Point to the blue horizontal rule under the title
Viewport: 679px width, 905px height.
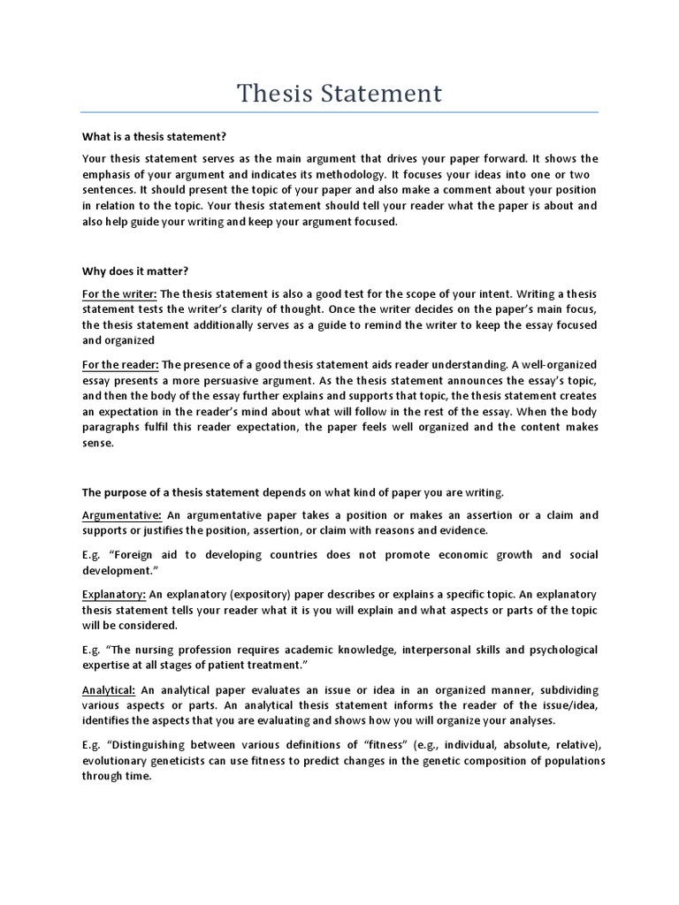[x=339, y=113]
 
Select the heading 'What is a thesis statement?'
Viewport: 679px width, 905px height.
[x=155, y=137]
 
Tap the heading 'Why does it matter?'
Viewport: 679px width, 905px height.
[x=135, y=271]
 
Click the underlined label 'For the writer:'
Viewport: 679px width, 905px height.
[x=119, y=293]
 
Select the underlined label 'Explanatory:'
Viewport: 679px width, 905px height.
[x=114, y=594]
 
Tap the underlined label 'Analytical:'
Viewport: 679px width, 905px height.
[x=109, y=689]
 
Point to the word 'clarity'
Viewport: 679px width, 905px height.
[x=276, y=309]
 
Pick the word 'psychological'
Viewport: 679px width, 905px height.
[x=554, y=650]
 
